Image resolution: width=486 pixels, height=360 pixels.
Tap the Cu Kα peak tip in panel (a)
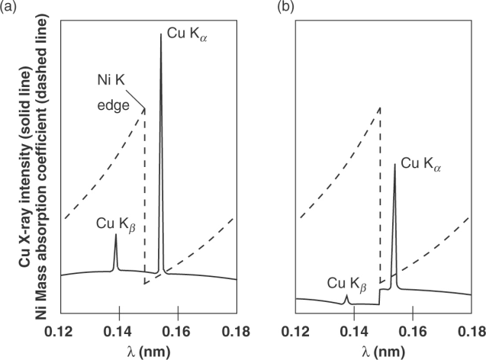[160, 35]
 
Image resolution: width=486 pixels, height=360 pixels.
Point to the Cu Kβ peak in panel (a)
[116, 236]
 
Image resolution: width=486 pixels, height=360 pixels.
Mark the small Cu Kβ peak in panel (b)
[348, 296]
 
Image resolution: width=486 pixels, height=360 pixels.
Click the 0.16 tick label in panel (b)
[413, 329]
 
